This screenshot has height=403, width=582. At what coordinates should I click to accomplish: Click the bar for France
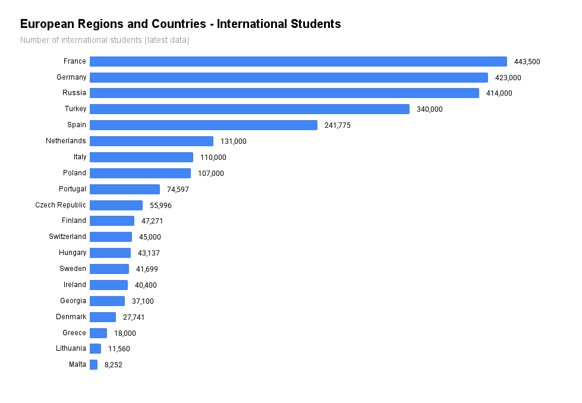298,61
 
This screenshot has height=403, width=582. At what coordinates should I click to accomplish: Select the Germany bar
288,77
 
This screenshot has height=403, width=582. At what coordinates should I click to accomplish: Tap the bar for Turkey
249,109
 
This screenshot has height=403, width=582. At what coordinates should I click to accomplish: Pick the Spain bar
203,125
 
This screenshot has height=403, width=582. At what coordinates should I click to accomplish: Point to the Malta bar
93,364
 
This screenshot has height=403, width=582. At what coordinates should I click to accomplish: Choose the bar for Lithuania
95,348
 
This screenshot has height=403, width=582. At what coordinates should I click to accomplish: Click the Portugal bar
124,189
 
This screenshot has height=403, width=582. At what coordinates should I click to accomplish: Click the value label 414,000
499,93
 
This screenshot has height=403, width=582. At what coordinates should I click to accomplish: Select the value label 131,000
233,141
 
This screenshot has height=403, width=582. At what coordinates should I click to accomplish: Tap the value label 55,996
161,205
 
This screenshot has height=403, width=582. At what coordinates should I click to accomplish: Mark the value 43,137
149,253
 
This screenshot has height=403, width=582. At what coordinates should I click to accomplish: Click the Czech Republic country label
61,205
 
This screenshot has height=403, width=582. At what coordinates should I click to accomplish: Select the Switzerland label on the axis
67,237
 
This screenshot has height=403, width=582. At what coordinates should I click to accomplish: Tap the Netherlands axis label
66,141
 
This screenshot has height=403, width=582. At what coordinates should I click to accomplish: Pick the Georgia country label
73,301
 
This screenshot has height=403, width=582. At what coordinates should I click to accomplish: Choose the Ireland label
75,285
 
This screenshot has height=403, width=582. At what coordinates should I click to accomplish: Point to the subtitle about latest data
105,40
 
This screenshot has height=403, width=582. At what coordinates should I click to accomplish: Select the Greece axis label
74,333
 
